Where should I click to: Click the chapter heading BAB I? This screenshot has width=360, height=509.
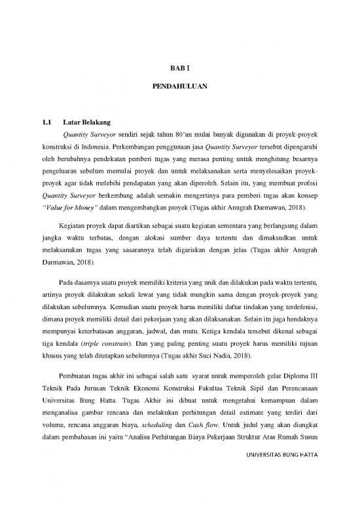(x=179, y=67)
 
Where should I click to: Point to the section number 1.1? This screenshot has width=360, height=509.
(x=48, y=122)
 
